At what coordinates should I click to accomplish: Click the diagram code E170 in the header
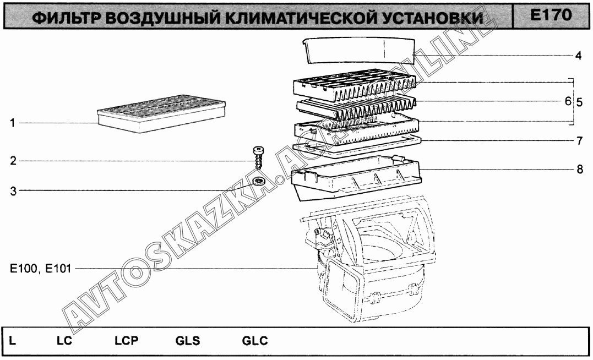(x=551, y=15)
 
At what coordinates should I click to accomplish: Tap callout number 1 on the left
(x=13, y=123)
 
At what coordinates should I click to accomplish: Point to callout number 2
(x=13, y=161)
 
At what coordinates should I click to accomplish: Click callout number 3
(x=13, y=191)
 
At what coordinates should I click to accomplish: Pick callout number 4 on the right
(x=578, y=56)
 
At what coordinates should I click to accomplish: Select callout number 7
(x=580, y=141)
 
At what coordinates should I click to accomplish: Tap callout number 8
(x=580, y=169)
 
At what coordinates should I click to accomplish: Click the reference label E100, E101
(x=40, y=269)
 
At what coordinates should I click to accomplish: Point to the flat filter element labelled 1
(x=161, y=113)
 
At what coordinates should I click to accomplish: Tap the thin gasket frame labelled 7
(x=357, y=148)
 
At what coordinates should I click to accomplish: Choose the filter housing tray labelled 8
(x=356, y=178)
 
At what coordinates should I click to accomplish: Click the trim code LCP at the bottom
(x=127, y=341)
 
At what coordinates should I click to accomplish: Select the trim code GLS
(x=188, y=341)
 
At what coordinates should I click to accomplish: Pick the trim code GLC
(x=255, y=341)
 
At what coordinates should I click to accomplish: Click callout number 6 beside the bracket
(x=568, y=101)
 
